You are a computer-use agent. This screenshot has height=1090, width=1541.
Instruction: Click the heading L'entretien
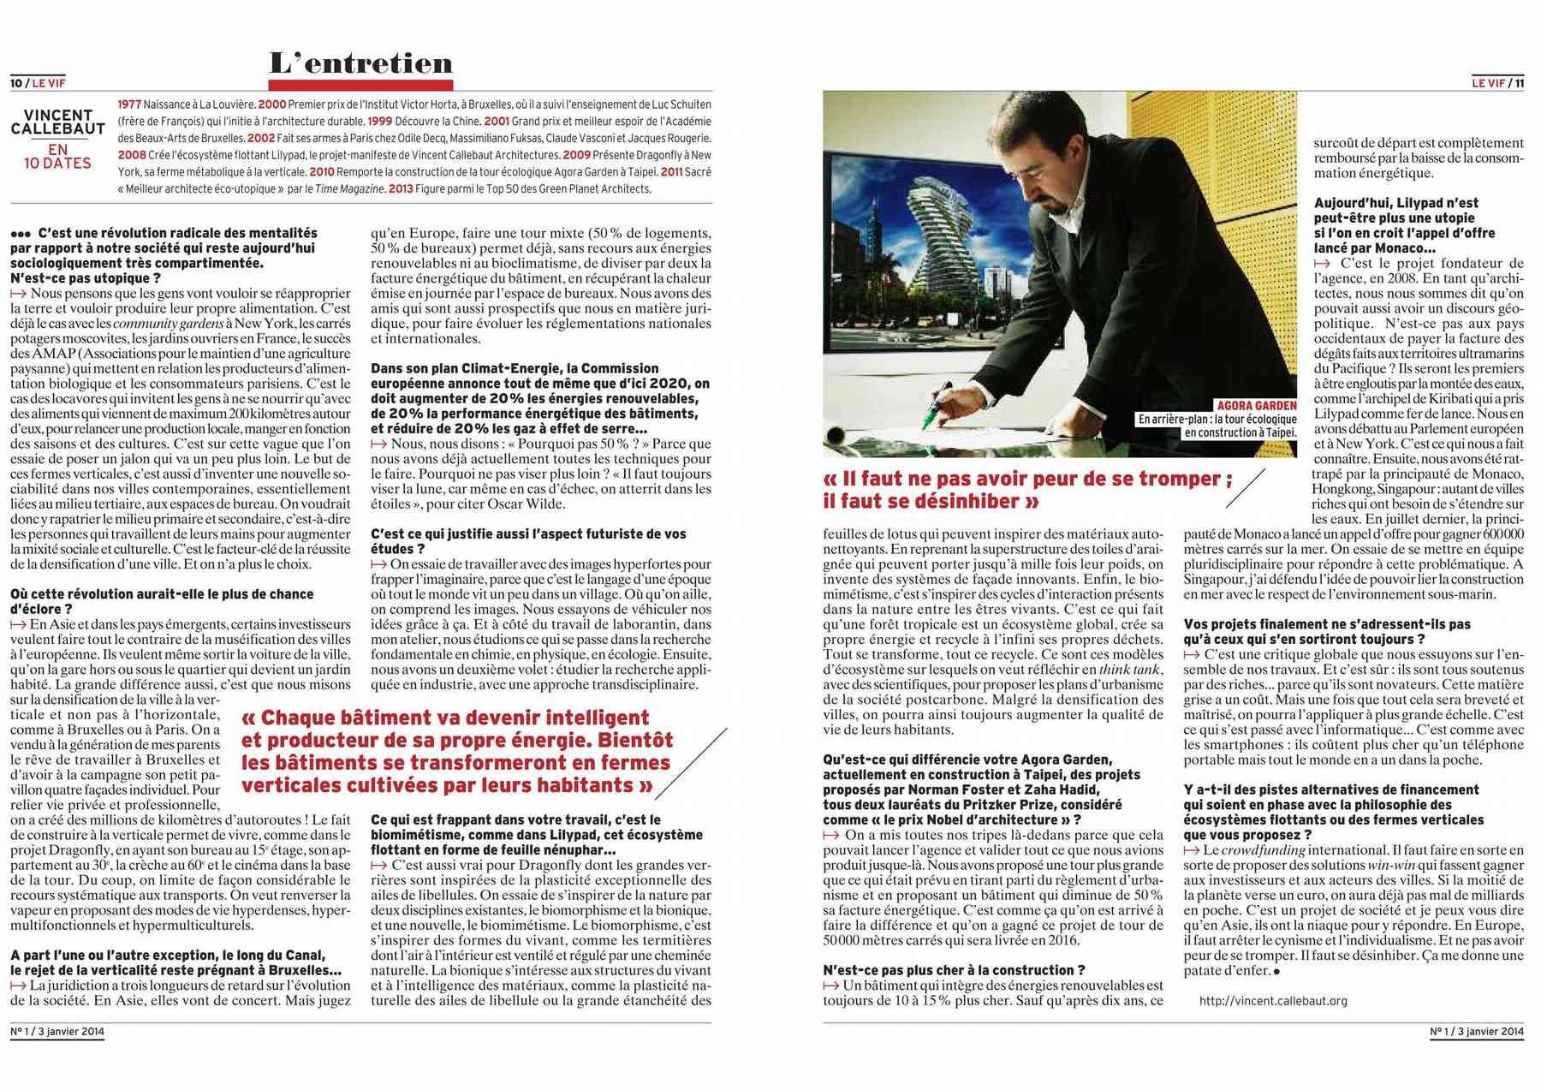tap(360, 63)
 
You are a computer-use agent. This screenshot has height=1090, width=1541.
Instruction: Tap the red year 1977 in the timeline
tap(129, 104)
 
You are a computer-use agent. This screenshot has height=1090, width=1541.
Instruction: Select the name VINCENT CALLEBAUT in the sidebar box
tap(57, 122)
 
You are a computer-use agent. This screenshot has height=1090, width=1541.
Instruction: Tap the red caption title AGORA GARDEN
tap(1256, 405)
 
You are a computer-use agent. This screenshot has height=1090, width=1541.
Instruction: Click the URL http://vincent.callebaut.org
tap(1273, 1000)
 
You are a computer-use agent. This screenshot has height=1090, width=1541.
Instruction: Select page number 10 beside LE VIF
tap(16, 83)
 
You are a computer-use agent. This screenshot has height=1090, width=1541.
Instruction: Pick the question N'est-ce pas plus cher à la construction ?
tap(954, 970)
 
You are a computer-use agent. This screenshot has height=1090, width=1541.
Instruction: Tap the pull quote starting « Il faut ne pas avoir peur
tap(1027, 489)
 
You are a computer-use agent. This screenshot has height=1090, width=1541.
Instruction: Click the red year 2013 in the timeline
tap(400, 188)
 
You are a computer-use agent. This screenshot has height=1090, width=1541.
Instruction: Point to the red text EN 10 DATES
tap(57, 156)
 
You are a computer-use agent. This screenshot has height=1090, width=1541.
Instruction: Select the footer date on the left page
tap(57, 1032)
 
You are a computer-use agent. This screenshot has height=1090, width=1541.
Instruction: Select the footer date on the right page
tap(1477, 1032)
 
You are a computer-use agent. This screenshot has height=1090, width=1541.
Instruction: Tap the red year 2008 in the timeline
tap(132, 155)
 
